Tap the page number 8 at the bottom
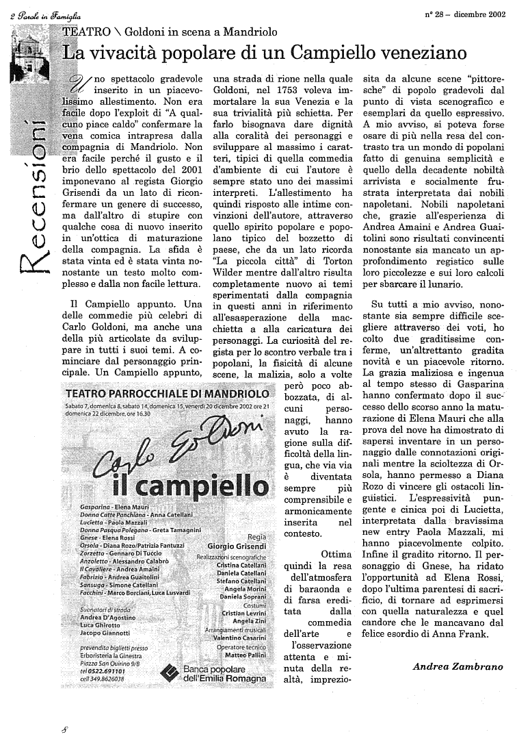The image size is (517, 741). [64, 730]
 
